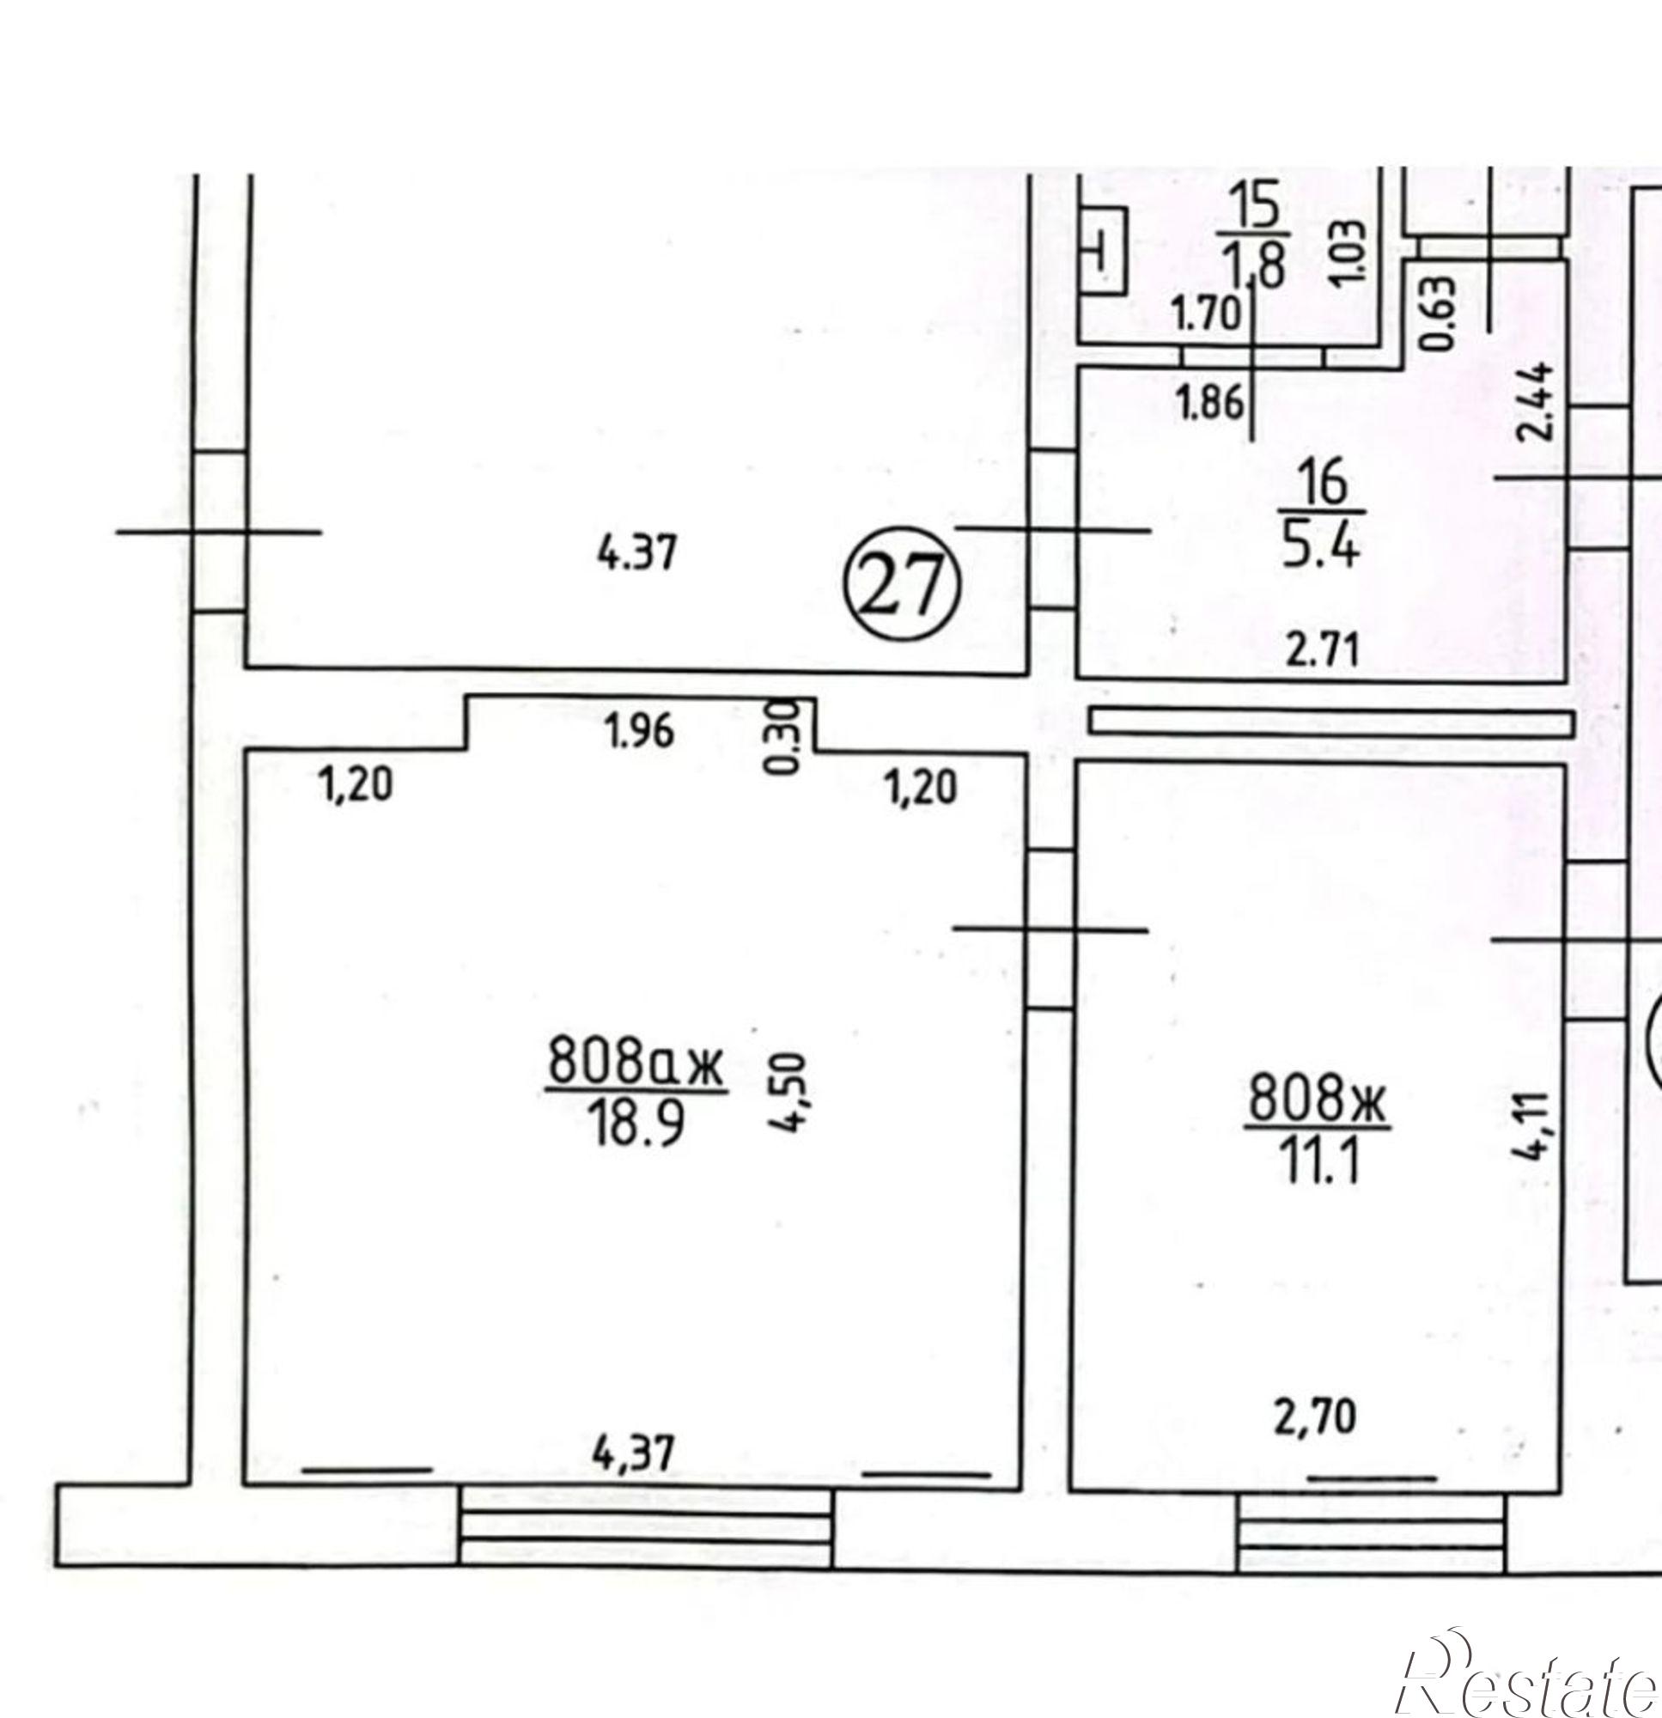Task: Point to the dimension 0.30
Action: (783, 737)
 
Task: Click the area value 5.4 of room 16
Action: (1320, 548)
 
